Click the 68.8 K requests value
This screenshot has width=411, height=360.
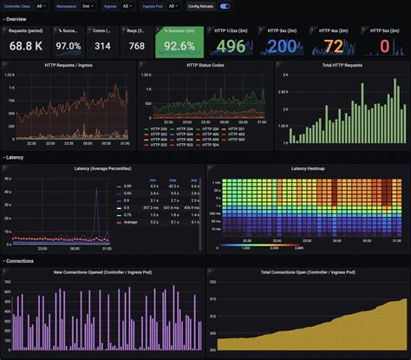25,46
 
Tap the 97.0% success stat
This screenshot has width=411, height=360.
68,46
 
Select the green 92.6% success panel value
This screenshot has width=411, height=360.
179,46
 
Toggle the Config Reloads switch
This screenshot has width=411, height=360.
225,6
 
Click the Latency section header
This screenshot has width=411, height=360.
16,157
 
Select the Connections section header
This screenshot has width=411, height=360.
21,260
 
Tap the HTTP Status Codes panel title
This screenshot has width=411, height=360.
205,64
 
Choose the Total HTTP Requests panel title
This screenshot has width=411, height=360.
342,64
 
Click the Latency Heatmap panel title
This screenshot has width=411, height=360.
308,167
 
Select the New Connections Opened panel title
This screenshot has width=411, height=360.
101,272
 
